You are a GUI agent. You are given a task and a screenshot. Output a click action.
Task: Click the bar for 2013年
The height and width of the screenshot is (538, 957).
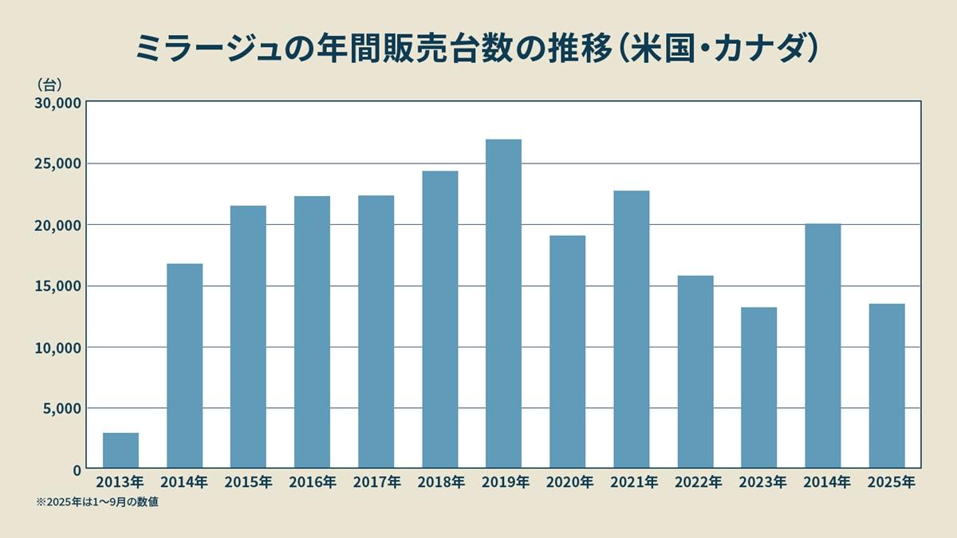(120, 450)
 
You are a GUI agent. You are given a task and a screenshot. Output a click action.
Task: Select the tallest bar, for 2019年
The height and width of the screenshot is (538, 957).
(503, 304)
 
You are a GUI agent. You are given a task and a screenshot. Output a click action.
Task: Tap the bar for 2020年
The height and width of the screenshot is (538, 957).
(567, 351)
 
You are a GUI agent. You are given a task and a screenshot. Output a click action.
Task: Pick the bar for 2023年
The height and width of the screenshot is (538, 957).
(758, 387)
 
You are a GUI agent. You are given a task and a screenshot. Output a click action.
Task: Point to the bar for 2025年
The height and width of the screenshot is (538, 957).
(886, 386)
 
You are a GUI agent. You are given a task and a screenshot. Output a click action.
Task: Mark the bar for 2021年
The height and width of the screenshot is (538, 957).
(631, 329)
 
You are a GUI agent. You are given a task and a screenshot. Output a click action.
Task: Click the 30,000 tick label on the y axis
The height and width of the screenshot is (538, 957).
(57, 102)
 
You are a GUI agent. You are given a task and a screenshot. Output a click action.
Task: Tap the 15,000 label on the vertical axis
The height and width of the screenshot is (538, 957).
(57, 286)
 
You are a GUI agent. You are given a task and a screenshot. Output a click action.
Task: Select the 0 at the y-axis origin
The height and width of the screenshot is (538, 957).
(77, 469)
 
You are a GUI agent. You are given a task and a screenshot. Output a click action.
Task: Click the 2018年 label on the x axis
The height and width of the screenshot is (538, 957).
(439, 482)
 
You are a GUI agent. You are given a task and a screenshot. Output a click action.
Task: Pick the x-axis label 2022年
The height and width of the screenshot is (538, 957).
(695, 482)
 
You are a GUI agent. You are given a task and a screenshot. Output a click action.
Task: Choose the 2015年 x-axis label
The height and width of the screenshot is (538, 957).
(248, 482)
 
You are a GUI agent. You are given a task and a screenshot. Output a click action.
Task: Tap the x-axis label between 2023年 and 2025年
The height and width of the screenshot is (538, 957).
(822, 482)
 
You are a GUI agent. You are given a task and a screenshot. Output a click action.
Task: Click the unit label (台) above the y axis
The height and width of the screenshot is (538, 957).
(49, 83)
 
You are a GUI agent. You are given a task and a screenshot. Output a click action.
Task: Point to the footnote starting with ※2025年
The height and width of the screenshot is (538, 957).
(96, 502)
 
